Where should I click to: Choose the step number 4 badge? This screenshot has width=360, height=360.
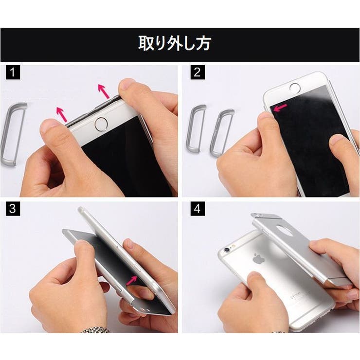pos(197,210)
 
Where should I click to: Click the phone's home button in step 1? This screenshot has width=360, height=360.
pos(101,124)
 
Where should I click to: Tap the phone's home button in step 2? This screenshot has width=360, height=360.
pos(295,88)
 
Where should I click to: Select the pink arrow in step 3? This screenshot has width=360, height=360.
pos(132,280)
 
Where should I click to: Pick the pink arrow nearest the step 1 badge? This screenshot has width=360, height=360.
pos(61,114)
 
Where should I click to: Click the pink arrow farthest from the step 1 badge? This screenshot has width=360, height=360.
pos(103,91)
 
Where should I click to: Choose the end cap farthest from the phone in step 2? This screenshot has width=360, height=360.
pos(197,129)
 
